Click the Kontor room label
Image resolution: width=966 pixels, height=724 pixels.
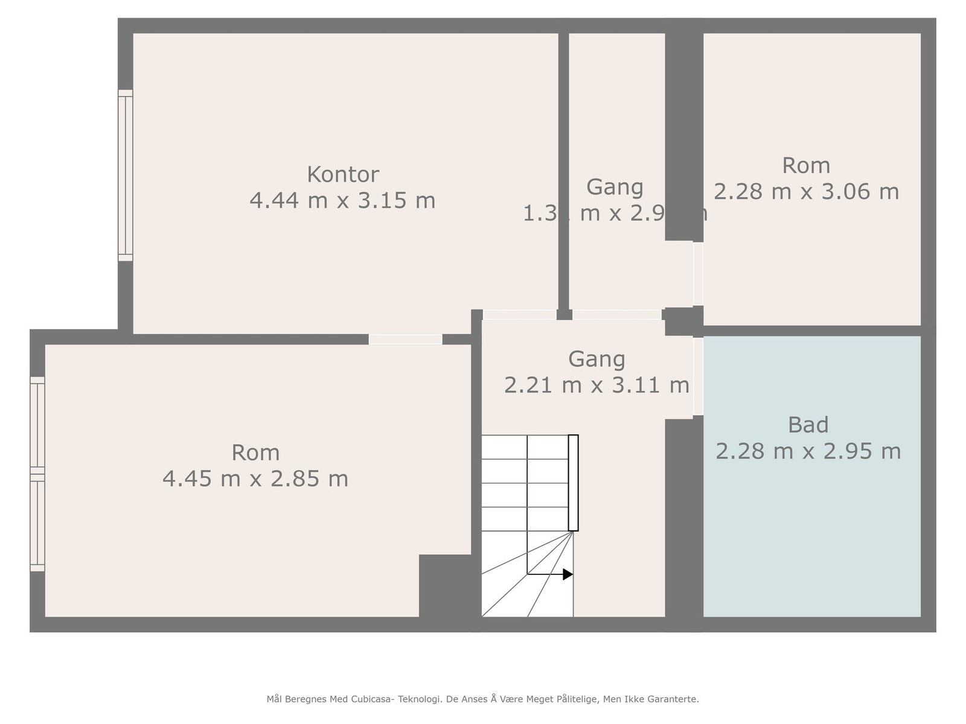343,174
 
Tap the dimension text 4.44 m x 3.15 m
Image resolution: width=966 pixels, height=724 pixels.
342,200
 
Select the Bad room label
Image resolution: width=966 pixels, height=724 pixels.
808,425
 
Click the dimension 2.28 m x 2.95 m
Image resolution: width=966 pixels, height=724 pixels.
808,451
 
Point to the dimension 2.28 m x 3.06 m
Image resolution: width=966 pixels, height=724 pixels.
806,192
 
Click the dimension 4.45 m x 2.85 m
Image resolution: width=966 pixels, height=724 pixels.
255,479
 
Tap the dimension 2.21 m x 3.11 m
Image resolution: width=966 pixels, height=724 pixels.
597,385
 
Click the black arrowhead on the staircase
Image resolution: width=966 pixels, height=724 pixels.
568,574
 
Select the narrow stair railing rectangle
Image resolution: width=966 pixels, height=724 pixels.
573,483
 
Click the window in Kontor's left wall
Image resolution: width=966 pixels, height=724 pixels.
125,175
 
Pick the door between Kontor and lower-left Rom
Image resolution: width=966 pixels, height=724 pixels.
405,339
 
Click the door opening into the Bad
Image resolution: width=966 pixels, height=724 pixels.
698,376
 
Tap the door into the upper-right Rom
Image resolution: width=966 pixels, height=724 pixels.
698,274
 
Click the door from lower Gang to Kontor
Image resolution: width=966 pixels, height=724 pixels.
519,314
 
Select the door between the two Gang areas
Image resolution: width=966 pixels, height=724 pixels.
616,314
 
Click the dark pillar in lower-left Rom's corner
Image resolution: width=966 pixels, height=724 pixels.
445,585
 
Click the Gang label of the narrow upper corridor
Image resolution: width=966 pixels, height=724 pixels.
615,187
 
